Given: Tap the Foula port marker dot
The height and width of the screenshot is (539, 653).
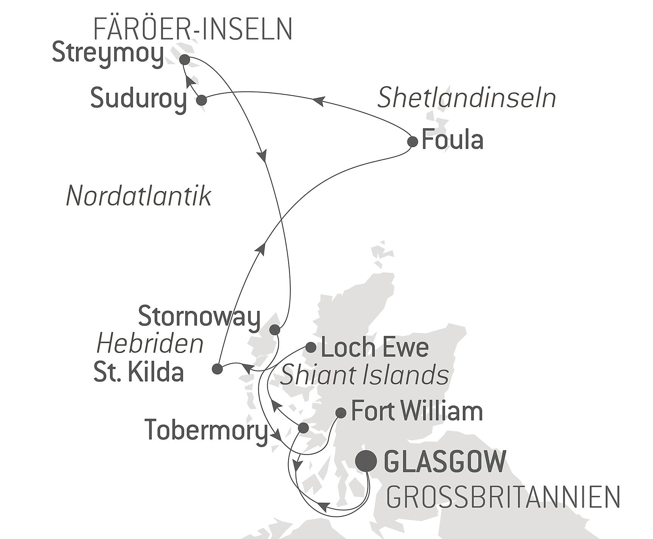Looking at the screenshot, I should coord(413,142).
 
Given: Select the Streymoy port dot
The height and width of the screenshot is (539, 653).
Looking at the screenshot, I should coord(184,60).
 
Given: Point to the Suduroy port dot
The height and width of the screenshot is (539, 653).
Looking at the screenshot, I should coord(201,100).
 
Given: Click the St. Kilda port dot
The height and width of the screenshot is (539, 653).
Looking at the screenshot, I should coord(217,369).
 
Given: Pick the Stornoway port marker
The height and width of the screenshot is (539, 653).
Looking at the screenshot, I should coord(275,329).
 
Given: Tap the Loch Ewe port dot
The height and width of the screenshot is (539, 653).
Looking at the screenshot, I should coord(311,347).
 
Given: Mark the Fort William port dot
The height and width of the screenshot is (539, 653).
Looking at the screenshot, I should coord(341,413).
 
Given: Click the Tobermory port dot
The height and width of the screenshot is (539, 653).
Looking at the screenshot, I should coord(303,428).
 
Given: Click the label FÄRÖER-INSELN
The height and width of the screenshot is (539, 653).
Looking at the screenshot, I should coord(192,30).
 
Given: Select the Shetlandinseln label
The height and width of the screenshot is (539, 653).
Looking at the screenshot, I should coord(467,98).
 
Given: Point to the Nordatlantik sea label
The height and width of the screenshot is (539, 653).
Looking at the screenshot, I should coord(138,197).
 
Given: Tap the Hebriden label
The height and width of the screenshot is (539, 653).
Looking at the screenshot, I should coord(150,344).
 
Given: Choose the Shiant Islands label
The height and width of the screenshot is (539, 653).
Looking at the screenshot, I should coord(365,375).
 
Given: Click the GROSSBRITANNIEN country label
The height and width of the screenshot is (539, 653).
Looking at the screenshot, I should coord(503,497).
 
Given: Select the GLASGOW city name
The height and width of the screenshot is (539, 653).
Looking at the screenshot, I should coord(445,462).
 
